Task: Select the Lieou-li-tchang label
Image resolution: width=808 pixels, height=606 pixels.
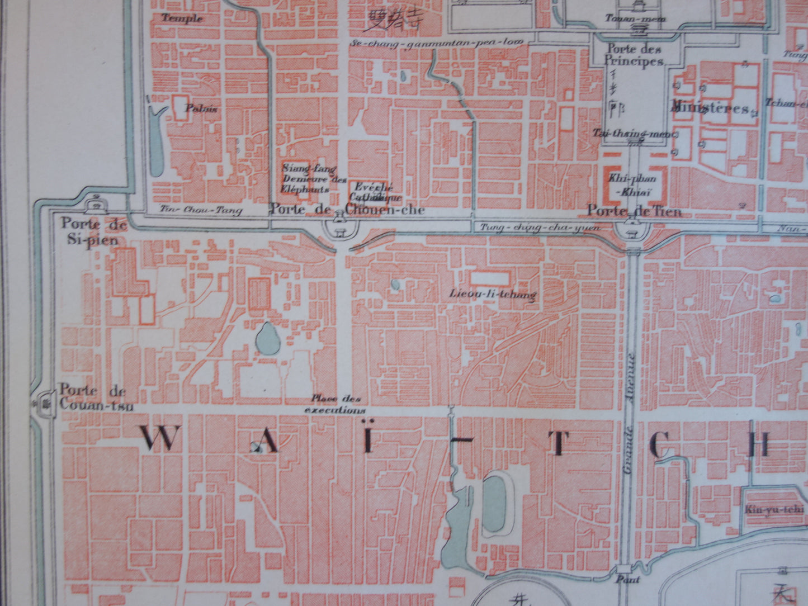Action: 493,293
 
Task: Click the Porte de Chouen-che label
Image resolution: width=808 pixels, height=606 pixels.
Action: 347,210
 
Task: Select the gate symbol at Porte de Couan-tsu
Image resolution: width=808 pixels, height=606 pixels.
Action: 44,401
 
